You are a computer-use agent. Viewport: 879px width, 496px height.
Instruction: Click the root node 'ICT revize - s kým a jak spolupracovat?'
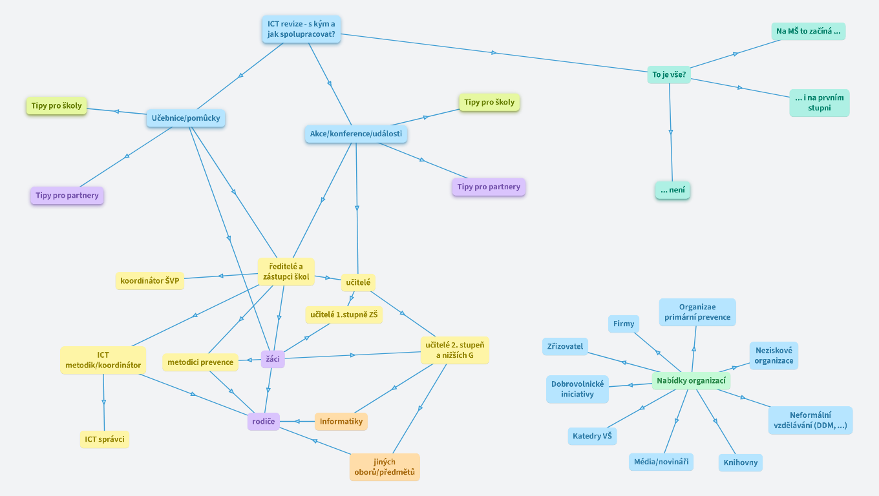click(x=302, y=29)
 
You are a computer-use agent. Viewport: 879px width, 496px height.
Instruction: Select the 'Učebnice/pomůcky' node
click(x=185, y=118)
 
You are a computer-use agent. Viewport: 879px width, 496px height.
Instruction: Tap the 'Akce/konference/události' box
click(x=355, y=134)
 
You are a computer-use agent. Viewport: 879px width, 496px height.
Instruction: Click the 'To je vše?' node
click(x=669, y=75)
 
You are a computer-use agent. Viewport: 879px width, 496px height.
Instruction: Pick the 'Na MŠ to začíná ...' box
click(x=808, y=31)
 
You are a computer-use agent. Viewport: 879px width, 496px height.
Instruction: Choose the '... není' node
click(x=672, y=191)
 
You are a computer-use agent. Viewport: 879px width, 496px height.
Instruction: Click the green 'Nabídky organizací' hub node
click(x=691, y=381)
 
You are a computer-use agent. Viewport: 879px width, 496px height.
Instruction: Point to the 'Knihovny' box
click(x=741, y=462)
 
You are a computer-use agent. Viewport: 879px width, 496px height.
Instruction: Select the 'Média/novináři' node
click(x=661, y=462)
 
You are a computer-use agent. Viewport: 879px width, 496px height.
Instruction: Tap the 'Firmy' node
click(x=624, y=324)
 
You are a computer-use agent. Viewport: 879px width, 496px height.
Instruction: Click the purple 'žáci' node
click(x=273, y=359)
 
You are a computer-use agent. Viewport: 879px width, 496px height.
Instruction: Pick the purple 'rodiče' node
click(x=263, y=422)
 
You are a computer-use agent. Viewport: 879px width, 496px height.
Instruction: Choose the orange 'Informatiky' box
click(x=341, y=422)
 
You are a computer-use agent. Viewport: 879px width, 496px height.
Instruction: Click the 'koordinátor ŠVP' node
click(x=149, y=281)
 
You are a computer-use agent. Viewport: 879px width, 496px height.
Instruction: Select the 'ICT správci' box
click(x=104, y=440)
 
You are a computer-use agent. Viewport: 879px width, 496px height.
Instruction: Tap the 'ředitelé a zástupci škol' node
click(x=286, y=271)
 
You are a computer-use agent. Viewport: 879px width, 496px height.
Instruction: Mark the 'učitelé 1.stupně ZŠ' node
click(x=344, y=315)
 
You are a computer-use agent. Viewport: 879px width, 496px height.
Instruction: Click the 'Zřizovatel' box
click(x=566, y=346)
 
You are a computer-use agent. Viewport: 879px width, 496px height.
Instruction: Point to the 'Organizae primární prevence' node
click(x=697, y=312)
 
